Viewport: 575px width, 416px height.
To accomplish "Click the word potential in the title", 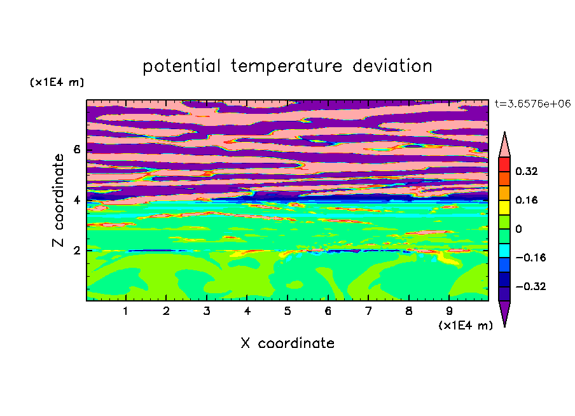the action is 181,67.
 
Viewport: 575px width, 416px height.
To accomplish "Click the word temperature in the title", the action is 286,67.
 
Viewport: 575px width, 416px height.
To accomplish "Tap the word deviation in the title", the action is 392,66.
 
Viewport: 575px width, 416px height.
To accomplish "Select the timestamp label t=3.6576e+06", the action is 533,104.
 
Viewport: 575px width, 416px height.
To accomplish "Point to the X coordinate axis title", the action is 287,343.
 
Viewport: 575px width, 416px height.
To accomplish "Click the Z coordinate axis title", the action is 58,200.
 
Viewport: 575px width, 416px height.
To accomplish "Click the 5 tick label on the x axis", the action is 287,311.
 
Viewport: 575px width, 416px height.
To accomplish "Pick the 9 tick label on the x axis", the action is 449,311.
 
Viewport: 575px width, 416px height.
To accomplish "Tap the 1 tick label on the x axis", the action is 126,311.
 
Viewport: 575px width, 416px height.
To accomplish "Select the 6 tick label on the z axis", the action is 76,149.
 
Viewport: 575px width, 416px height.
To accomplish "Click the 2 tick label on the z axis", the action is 76,251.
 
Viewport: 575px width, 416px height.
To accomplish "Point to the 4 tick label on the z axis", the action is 76,200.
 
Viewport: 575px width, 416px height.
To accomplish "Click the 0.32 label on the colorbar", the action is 527,171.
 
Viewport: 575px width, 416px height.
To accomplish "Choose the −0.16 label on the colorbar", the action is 530,258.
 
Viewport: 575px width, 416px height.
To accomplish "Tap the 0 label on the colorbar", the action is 518,229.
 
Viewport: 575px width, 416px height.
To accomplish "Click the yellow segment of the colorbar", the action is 504,207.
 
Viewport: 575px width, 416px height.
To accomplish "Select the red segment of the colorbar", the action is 504,164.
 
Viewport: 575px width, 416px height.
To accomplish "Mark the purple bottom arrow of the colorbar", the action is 504,312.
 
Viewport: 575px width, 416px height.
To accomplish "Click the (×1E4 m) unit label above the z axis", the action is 57,82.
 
